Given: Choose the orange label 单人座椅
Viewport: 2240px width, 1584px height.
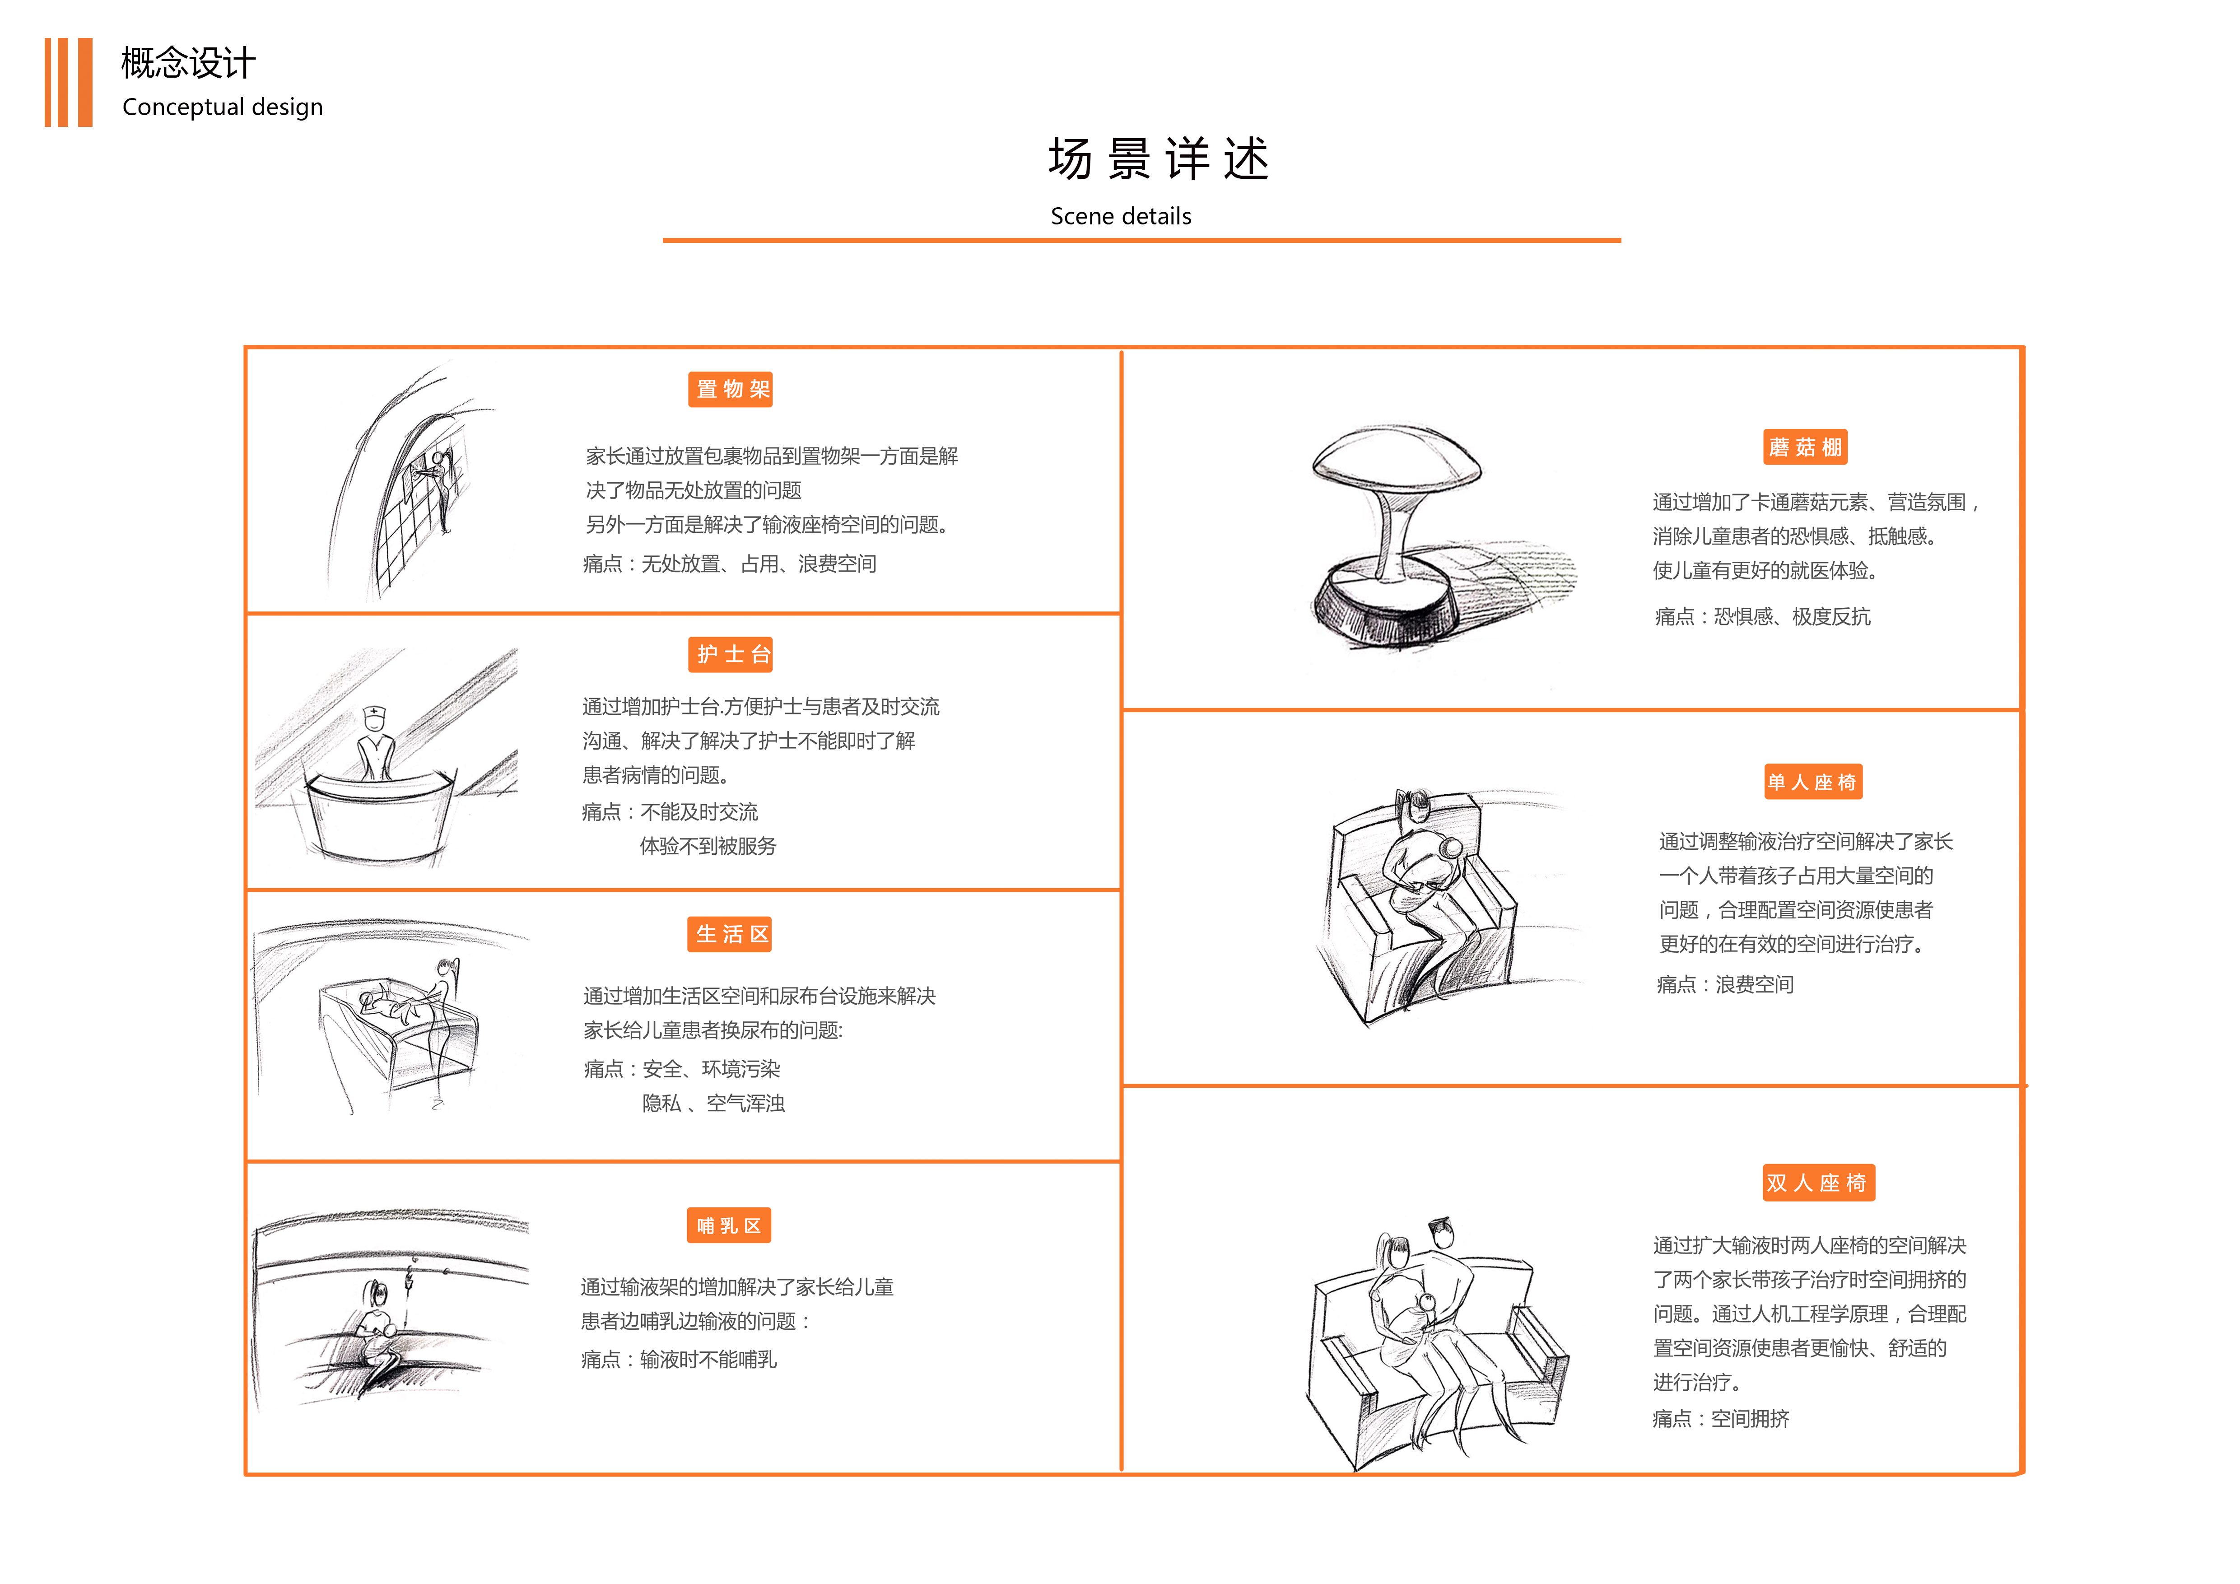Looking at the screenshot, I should (x=1813, y=782).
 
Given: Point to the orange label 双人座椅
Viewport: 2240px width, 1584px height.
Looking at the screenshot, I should (x=1817, y=1183).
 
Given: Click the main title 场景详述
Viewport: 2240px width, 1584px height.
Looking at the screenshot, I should (x=1158, y=159).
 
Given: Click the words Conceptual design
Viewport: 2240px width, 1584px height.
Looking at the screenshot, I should (x=223, y=107).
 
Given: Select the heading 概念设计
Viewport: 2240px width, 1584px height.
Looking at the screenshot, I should (x=188, y=63).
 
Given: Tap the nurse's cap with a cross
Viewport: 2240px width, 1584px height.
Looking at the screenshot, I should (x=374, y=715).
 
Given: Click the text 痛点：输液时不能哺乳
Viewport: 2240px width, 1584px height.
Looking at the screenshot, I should (x=679, y=1360).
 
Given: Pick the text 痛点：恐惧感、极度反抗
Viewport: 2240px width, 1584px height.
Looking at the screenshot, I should (x=1762, y=616).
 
